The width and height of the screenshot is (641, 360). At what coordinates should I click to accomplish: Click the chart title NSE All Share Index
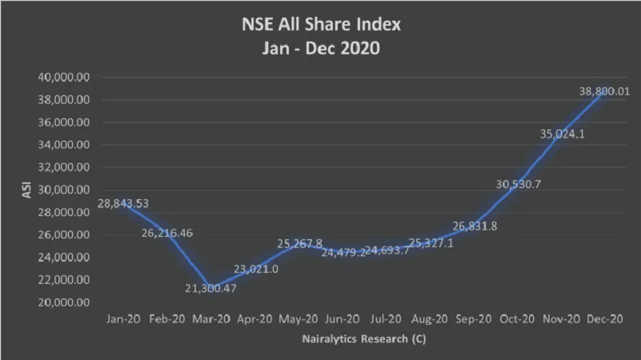point(321,24)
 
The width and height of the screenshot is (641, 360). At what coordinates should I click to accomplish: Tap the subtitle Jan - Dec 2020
point(321,48)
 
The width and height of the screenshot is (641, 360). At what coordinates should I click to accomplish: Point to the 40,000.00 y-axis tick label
point(62,78)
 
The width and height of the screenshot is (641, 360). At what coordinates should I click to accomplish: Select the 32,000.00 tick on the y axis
point(62,167)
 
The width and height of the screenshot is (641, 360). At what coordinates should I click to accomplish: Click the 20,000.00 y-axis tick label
point(62,302)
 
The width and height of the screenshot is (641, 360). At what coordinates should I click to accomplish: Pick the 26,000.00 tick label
point(62,235)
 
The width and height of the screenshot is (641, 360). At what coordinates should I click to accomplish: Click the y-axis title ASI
point(26,190)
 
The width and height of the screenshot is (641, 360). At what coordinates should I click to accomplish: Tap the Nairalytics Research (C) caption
point(364,339)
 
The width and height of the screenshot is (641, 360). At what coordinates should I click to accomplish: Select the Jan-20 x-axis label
point(123,318)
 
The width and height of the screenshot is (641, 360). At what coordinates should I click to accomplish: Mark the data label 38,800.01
point(604,91)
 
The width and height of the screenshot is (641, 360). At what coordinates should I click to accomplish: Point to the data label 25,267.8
point(300,243)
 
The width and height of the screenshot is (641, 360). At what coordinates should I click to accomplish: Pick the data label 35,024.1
point(563,134)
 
